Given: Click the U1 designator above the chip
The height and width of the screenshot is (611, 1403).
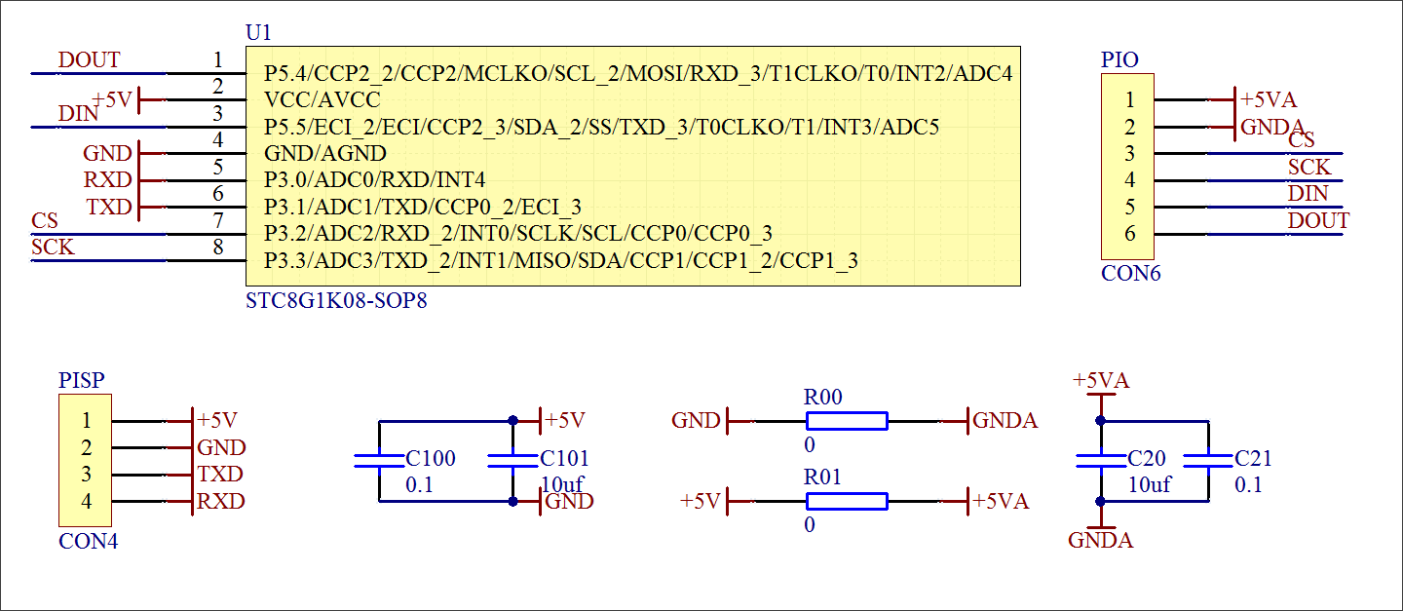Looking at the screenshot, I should pyautogui.click(x=258, y=33).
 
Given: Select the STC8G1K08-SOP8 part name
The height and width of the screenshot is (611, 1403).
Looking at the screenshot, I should pyautogui.click(x=336, y=301).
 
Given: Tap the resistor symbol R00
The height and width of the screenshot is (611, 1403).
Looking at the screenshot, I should pyautogui.click(x=847, y=421).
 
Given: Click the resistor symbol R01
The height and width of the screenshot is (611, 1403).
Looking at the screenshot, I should pyautogui.click(x=847, y=501).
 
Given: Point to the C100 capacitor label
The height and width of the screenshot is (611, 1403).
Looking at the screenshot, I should pyautogui.click(x=430, y=459).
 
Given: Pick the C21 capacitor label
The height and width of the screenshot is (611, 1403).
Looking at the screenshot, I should pyautogui.click(x=1253, y=459).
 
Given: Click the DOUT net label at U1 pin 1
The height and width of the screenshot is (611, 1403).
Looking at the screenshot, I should pyautogui.click(x=89, y=60).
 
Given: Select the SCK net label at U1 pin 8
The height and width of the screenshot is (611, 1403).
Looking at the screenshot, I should pyautogui.click(x=53, y=248).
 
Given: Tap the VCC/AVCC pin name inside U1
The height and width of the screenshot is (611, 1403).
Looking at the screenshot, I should pyautogui.click(x=322, y=99).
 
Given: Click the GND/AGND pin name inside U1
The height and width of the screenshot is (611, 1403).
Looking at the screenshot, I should pyautogui.click(x=325, y=153).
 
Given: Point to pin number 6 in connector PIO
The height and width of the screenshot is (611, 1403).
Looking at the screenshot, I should pyautogui.click(x=1129, y=234).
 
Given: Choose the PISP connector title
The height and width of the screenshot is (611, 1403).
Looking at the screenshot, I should pyautogui.click(x=82, y=380).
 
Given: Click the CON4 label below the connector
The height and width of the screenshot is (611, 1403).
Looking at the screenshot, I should pyautogui.click(x=89, y=541).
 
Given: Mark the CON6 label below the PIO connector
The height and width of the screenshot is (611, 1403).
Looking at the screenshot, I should pyautogui.click(x=1131, y=274).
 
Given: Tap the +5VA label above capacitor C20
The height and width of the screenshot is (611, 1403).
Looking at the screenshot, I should pyautogui.click(x=1101, y=381).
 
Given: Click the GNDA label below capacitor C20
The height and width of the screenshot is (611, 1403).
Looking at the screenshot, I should pyautogui.click(x=1101, y=541).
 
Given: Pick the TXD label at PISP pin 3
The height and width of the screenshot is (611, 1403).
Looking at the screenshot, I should pyautogui.click(x=219, y=475).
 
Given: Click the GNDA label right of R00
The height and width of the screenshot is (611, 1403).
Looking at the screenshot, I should pyautogui.click(x=1005, y=421).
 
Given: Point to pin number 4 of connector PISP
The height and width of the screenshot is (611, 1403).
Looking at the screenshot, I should pyautogui.click(x=87, y=502).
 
